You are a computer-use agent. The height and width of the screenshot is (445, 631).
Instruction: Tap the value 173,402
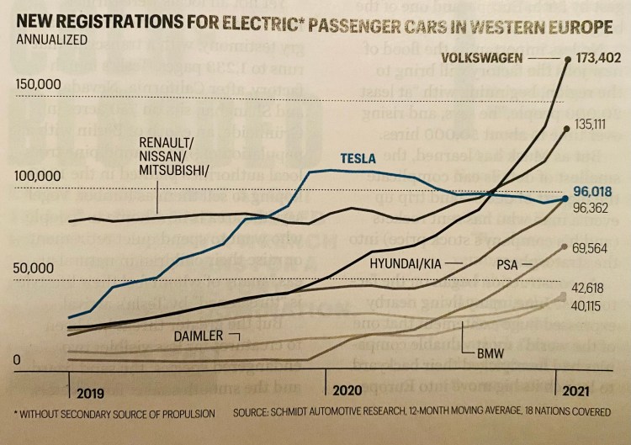[x=598, y=59]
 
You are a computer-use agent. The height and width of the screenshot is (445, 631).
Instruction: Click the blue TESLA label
[x=359, y=158]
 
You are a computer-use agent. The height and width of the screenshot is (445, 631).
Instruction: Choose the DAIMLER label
[x=199, y=336]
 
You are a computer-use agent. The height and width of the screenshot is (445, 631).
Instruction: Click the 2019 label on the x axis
[x=90, y=393]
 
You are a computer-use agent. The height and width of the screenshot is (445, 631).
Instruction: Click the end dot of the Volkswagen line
[x=569, y=59]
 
